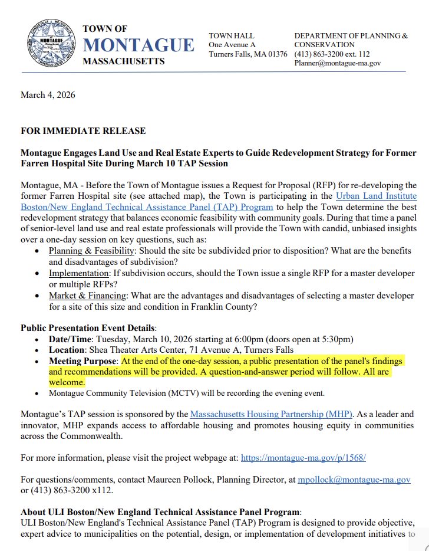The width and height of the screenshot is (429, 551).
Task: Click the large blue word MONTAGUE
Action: coord(138,45)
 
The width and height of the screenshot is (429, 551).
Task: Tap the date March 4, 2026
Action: coord(48,95)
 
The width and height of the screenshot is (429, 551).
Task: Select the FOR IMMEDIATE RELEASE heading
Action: coord(83,130)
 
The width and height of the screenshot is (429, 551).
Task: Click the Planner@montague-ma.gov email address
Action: coord(338,62)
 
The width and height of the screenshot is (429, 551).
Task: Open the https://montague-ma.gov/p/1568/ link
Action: coord(304,457)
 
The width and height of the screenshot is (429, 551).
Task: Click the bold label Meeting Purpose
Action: coord(84,360)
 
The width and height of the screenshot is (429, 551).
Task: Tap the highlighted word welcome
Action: coord(67,382)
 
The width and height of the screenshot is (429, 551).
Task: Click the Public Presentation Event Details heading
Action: coord(88,327)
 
